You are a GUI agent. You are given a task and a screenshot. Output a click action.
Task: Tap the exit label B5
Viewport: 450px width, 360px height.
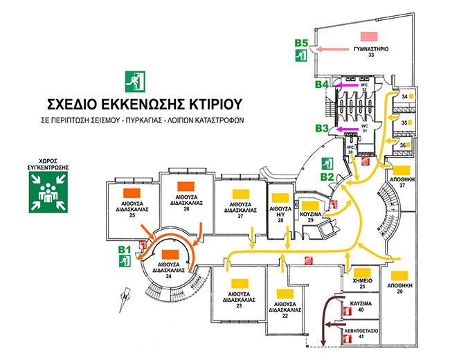click(300, 44)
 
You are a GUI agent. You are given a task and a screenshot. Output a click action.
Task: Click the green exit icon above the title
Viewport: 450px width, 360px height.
click(132, 80)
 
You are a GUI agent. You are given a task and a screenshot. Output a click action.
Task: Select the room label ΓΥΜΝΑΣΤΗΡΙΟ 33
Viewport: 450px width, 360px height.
click(371, 53)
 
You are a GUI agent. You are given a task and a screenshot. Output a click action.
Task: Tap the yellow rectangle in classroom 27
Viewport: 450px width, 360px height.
click(239, 195)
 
